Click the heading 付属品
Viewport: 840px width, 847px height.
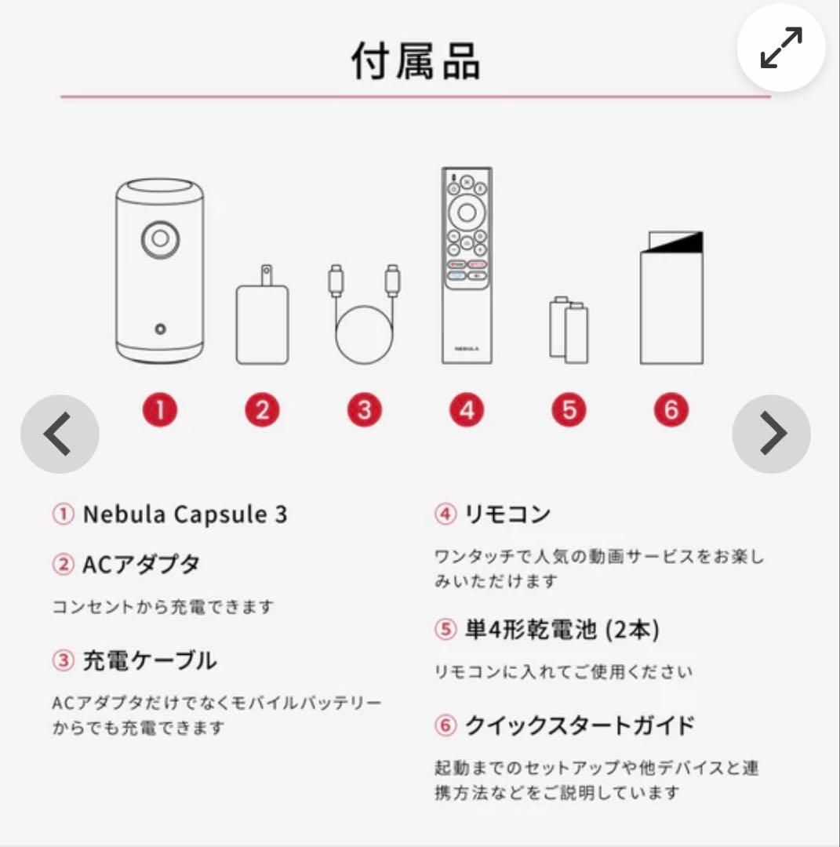click(416, 61)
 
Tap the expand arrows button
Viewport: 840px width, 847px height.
click(781, 49)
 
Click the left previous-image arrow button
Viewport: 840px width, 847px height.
click(60, 434)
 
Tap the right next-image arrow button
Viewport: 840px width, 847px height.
click(771, 434)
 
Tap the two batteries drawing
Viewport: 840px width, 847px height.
click(569, 329)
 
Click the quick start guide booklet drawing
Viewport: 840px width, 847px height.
click(671, 298)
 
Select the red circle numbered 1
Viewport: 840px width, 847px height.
click(160, 409)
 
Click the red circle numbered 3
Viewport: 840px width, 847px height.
click(364, 409)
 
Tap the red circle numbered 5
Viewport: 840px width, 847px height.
click(569, 409)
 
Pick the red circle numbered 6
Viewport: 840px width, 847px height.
click(671, 409)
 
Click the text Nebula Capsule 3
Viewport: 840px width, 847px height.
click(185, 514)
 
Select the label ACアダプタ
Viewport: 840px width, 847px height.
click(141, 564)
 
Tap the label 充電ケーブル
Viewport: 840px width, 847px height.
click(149, 660)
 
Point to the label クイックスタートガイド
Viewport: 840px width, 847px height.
click(580, 725)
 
